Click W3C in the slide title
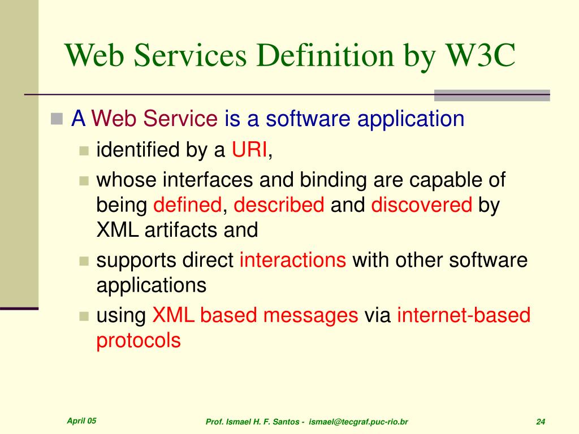click(481, 55)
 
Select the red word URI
click(249, 150)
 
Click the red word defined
click(187, 205)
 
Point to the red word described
click(279, 205)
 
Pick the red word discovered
click(421, 205)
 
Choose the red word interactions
click(293, 260)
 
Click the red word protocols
click(139, 341)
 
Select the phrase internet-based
click(464, 315)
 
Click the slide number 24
click(541, 422)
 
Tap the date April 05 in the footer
click(81, 421)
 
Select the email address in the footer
click(358, 422)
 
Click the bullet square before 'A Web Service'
click(57, 119)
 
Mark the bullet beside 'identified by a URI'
click(84, 151)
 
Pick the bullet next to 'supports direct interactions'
click(84, 261)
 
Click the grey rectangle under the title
click(492, 95)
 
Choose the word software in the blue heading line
click(308, 119)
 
